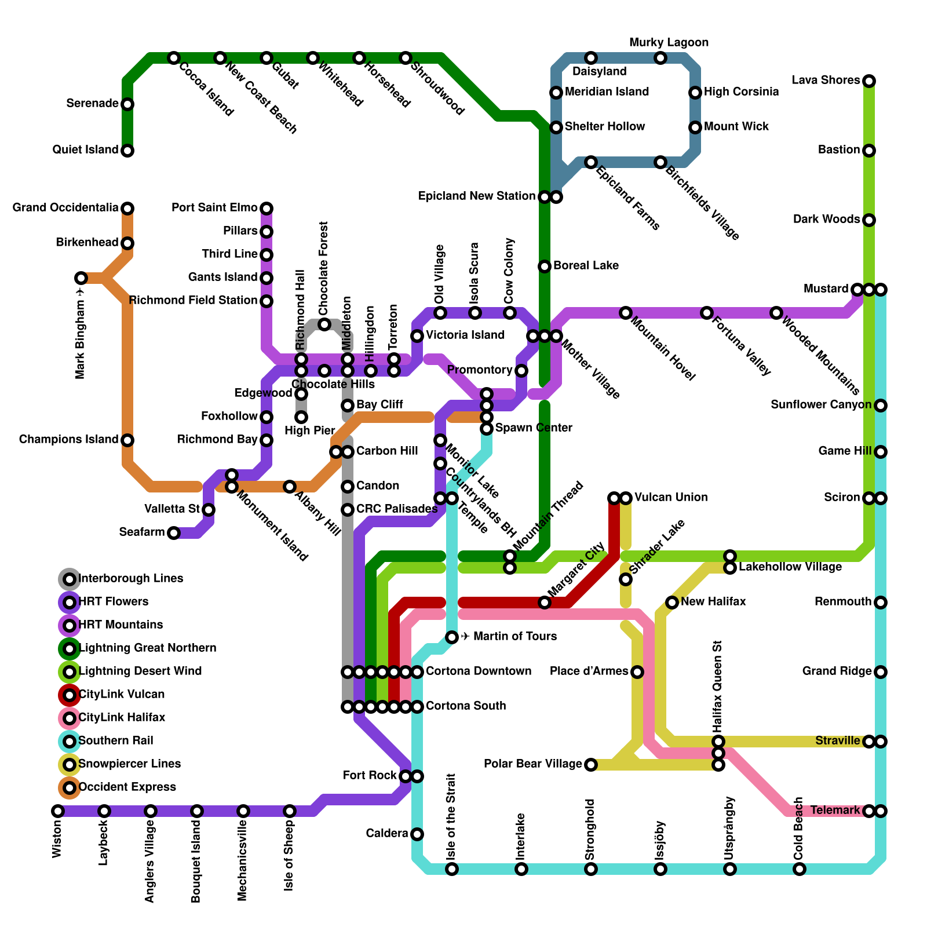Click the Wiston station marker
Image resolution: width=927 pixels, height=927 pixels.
(57, 811)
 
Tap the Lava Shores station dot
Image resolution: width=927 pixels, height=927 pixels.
(868, 81)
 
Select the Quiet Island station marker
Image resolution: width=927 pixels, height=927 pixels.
(127, 151)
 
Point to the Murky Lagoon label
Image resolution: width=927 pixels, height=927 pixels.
(669, 43)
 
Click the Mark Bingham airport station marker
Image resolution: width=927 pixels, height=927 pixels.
(81, 278)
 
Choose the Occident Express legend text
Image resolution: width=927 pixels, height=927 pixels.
(127, 787)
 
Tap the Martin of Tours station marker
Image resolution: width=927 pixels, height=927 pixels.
(452, 637)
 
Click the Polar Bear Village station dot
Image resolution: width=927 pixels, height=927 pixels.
(590, 765)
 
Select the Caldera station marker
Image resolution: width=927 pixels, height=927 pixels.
(417, 834)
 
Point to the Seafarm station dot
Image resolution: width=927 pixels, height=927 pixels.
(174, 533)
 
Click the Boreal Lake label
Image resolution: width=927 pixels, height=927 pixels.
(586, 266)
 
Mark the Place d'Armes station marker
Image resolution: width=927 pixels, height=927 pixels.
(637, 672)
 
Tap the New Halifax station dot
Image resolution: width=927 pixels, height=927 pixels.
(671, 603)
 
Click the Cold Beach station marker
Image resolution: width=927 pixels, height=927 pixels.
(799, 869)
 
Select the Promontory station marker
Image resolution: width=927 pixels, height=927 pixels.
(521, 371)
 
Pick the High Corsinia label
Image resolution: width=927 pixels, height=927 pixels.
(741, 92)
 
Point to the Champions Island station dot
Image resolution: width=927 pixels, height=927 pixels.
(127, 440)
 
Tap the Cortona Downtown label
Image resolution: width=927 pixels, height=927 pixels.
(479, 671)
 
